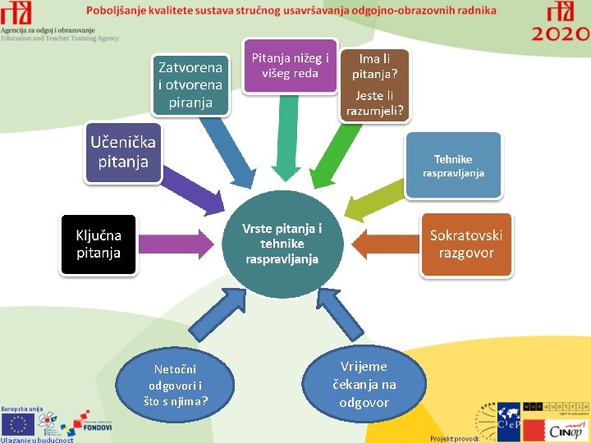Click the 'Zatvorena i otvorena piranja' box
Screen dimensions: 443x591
click(190, 84)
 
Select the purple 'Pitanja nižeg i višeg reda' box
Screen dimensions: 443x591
click(290, 66)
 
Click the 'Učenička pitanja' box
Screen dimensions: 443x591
click(123, 153)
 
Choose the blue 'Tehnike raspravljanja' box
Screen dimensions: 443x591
click(453, 165)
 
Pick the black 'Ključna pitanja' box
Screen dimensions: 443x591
click(98, 244)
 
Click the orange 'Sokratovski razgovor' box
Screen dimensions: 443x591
click(465, 244)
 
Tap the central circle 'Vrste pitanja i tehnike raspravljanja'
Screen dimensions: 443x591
click(282, 244)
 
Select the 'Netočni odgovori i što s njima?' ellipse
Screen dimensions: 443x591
click(174, 384)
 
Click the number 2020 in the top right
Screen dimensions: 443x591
click(561, 34)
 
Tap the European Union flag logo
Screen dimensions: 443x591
click(17, 423)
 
